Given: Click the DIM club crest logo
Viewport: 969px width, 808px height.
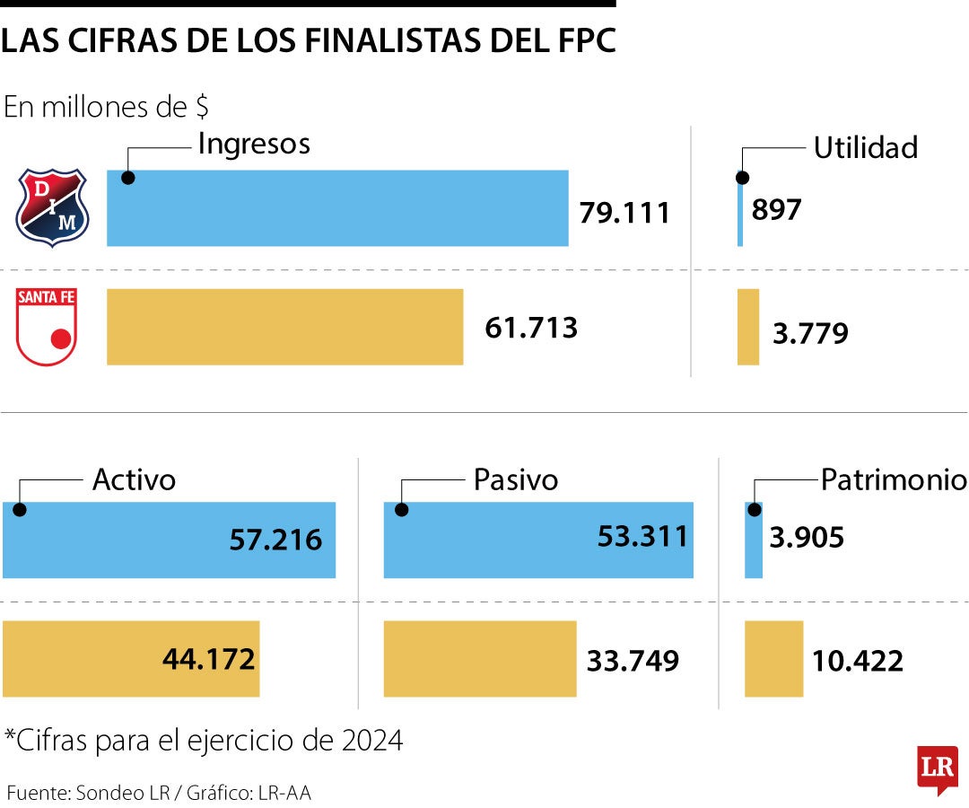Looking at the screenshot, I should coord(52,207).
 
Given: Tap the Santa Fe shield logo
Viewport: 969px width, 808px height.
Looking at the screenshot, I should coord(48,327).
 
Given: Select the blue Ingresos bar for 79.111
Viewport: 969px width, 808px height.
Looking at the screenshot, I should coord(337,207).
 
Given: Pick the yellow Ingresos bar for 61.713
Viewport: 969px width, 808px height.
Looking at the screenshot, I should coord(284,327).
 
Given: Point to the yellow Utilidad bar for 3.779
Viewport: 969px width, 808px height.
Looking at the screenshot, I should coord(747,327).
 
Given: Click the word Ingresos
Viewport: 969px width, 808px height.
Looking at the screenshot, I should coord(254,144).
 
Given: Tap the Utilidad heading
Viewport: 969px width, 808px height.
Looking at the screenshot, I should coord(865,148).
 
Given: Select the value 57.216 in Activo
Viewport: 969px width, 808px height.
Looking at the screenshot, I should coord(275,540).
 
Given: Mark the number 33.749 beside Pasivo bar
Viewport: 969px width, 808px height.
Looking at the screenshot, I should coord(633,661).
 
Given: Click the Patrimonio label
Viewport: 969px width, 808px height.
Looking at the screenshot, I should coord(894,480).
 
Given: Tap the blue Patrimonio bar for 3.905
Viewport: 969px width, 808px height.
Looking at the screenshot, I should coord(754,540).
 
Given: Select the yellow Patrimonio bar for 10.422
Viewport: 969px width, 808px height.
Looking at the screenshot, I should coord(773,659).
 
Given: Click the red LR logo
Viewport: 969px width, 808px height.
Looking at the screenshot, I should coord(937,768).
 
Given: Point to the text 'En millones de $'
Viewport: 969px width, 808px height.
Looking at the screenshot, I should coord(107,107).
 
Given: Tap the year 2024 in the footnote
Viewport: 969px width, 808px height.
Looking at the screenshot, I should coord(372,741).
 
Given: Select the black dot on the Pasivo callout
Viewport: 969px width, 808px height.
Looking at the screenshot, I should coord(402,510).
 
